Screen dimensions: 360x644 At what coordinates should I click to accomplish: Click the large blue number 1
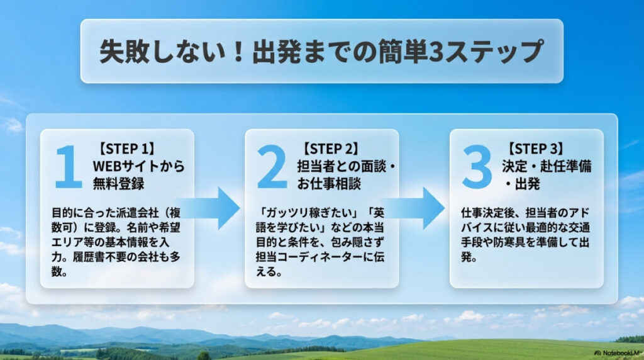point(68,167)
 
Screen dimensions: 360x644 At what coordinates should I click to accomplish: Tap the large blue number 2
point(272,167)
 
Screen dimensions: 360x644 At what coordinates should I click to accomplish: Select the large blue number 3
point(477,167)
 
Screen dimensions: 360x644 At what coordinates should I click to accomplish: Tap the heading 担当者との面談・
point(347,167)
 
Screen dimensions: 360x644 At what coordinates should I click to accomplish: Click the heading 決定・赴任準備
point(547,167)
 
